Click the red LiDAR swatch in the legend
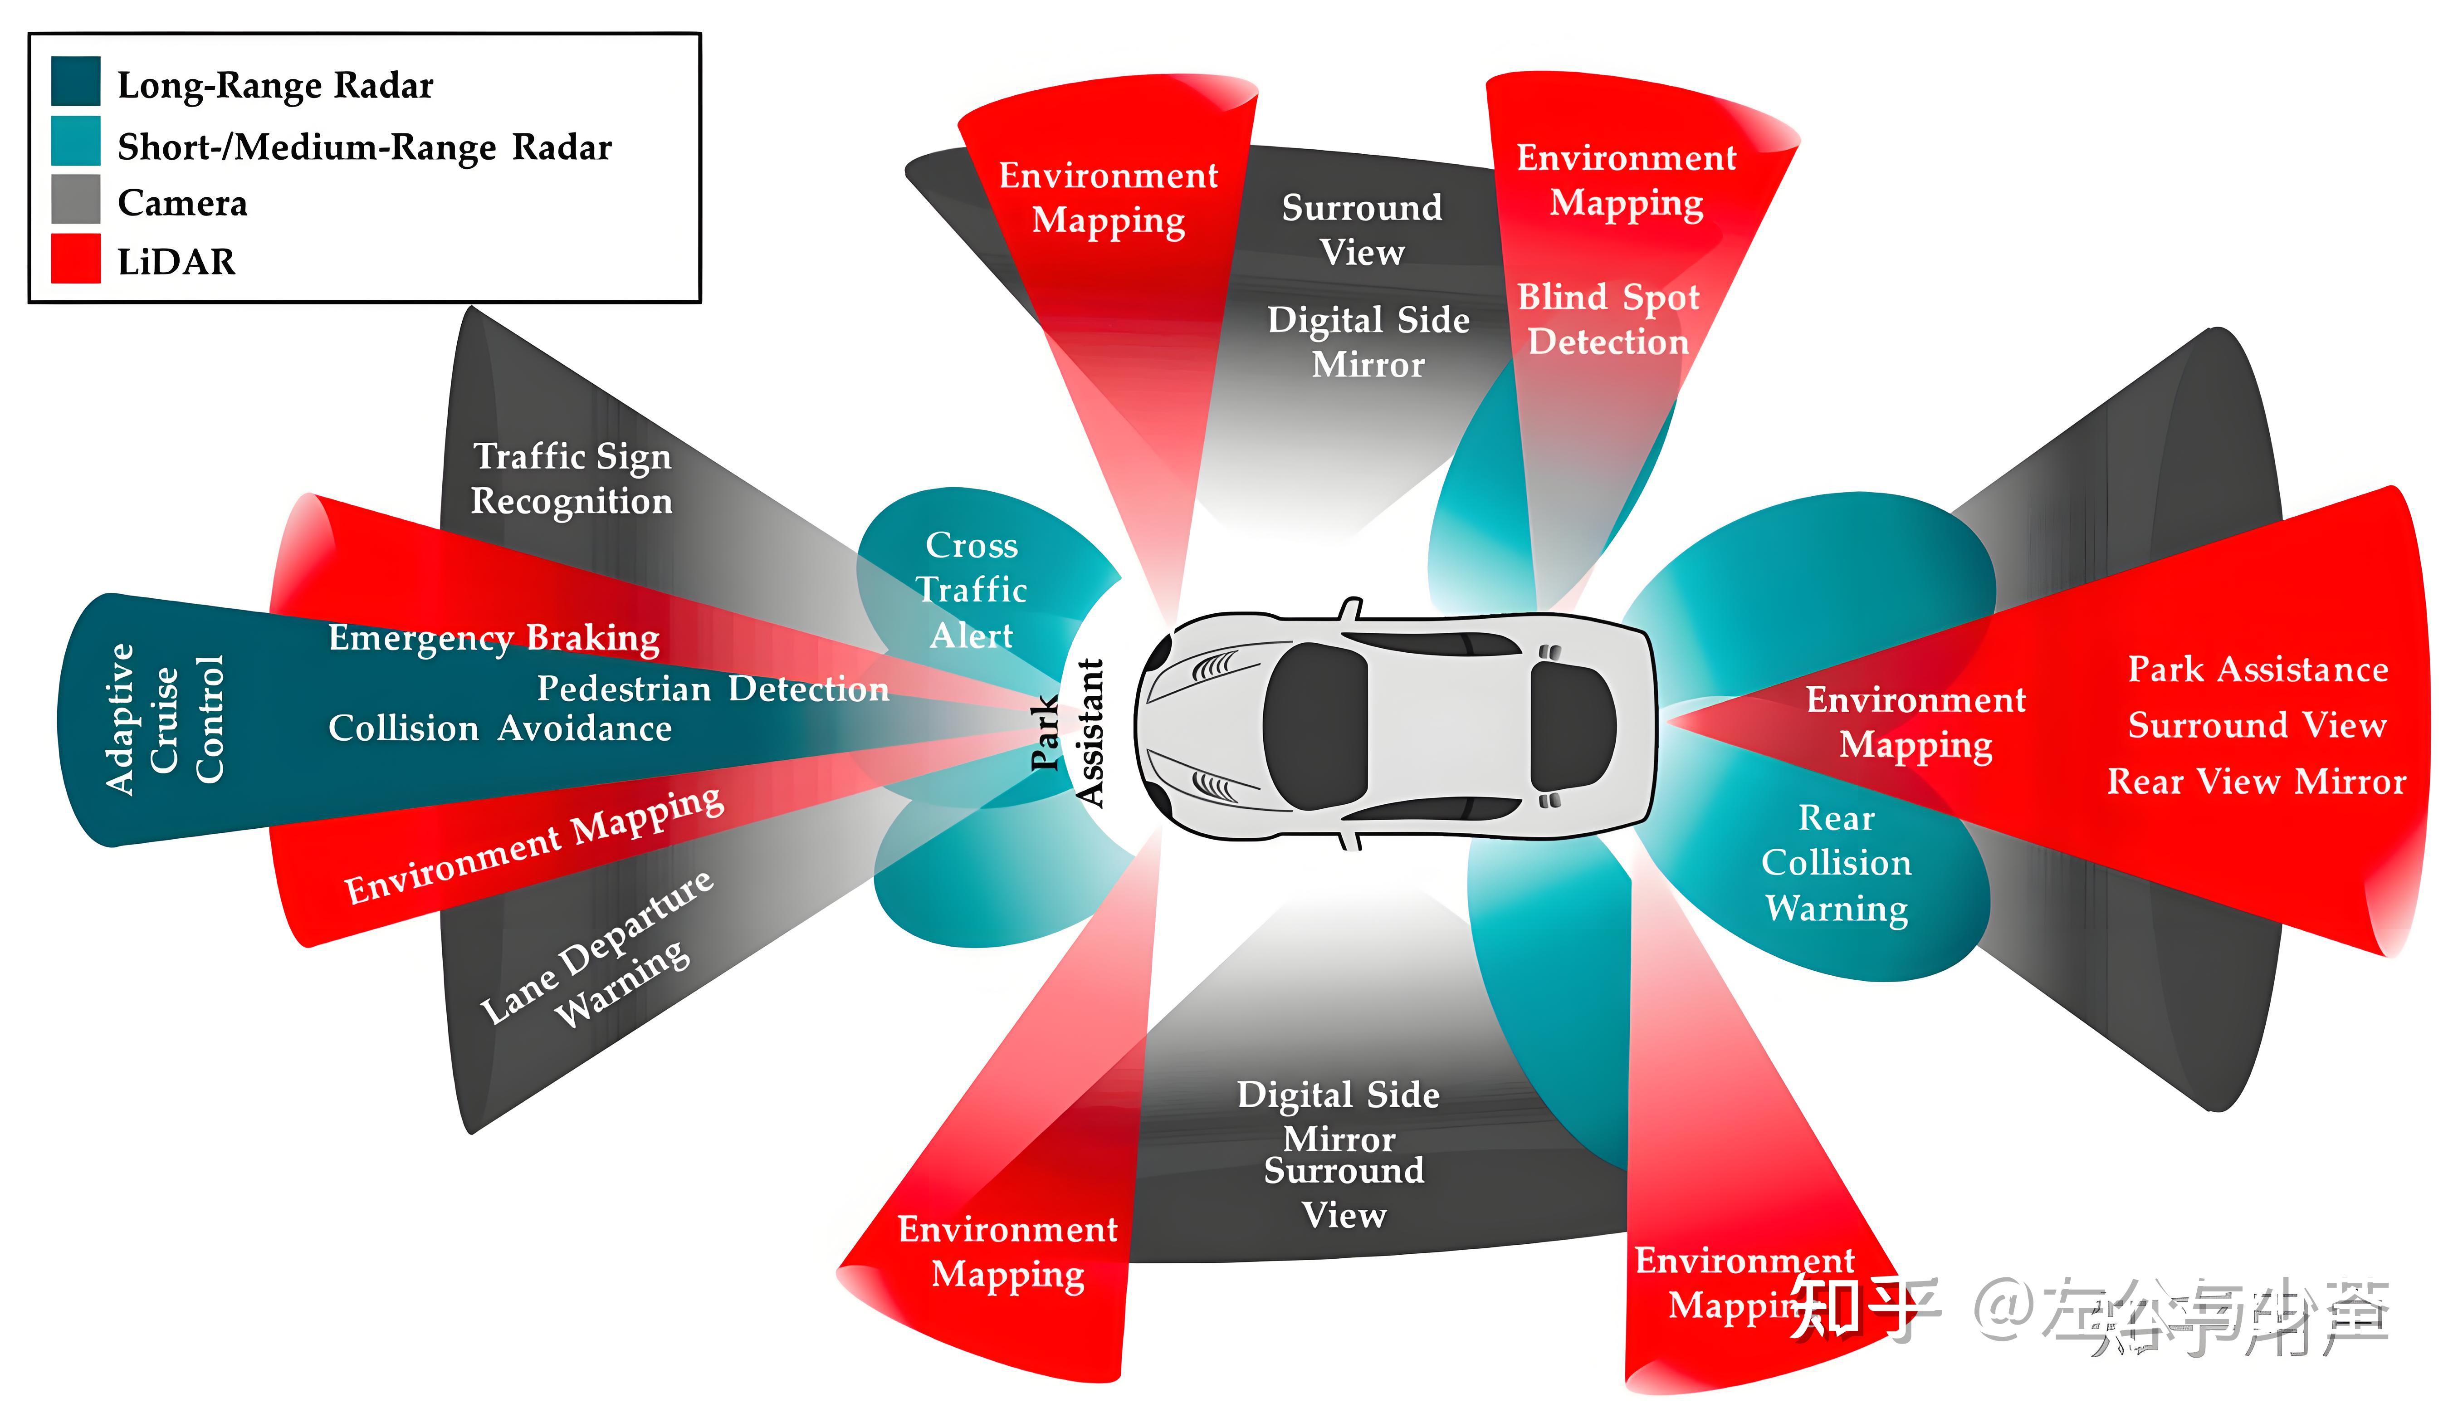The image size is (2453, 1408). [75, 258]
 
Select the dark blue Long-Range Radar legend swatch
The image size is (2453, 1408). [75, 81]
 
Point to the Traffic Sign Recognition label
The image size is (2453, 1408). [572, 478]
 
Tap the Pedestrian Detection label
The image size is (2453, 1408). [713, 689]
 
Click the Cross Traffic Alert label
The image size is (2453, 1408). [972, 590]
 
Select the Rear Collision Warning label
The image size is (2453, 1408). [1836, 864]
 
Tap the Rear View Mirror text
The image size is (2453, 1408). [2256, 782]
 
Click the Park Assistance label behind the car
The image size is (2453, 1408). [2258, 669]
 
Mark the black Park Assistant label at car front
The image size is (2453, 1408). [1066, 732]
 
